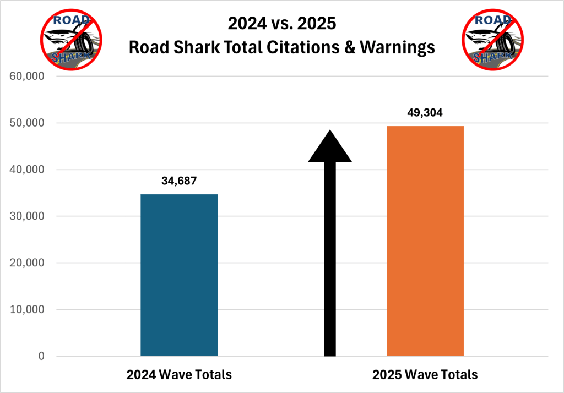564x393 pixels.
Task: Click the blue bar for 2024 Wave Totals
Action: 179,275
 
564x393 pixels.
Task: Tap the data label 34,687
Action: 179,181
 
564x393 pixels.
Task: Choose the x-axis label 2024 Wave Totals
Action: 179,375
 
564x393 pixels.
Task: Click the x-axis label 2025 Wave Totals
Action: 425,375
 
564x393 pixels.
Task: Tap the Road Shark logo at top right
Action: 492,40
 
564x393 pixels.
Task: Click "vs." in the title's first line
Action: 281,24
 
